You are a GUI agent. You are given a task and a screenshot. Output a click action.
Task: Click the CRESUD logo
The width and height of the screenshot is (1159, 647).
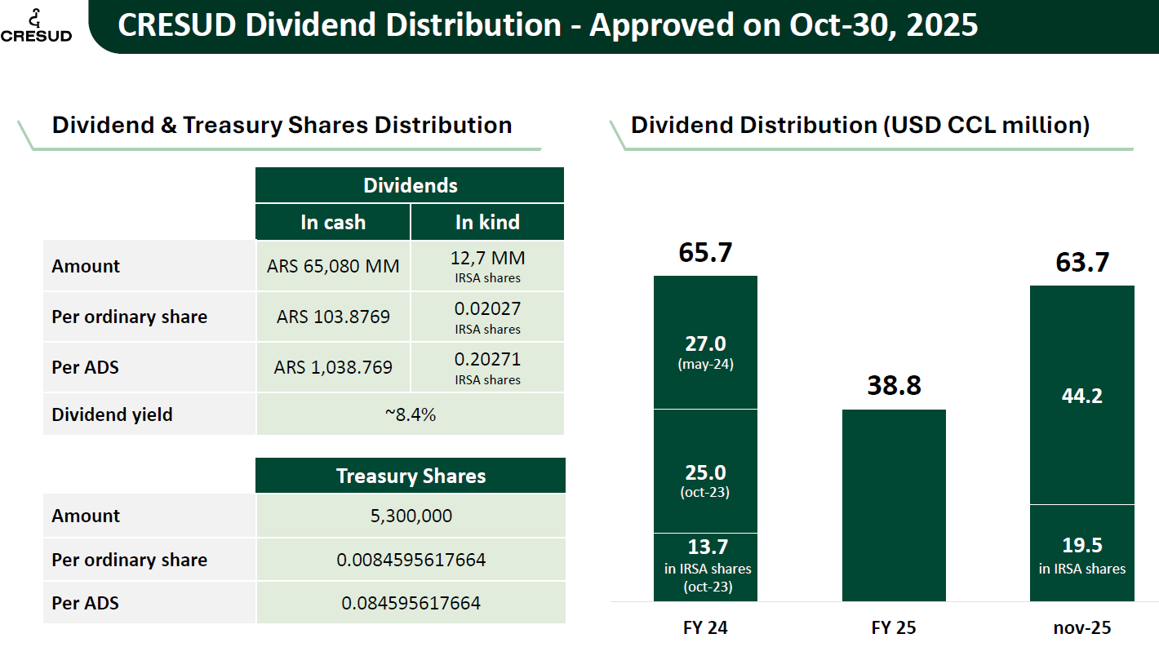36,25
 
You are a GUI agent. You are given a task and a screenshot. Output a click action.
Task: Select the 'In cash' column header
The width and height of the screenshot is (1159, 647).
333,222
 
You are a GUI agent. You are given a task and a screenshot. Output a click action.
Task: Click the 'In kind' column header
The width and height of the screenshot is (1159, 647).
487,222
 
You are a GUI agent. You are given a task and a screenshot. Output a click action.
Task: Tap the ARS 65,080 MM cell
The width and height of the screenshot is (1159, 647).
333,266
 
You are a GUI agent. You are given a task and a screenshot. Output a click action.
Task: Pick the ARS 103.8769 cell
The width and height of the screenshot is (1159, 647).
333,317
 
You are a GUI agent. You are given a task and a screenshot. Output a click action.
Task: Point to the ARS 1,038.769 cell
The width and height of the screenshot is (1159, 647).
333,367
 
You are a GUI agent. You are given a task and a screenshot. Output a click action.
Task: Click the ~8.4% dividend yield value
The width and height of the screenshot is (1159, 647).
411,414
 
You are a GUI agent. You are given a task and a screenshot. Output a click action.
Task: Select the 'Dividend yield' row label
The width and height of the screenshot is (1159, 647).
113,414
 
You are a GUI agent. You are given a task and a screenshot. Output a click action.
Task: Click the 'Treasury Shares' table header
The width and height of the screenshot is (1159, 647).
411,476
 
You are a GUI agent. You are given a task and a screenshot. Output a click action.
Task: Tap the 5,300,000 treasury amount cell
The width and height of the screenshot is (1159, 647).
411,516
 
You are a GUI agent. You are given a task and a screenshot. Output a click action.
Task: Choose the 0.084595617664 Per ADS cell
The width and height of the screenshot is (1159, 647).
411,604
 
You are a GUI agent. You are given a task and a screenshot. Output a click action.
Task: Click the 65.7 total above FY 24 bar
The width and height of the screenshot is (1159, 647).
706,253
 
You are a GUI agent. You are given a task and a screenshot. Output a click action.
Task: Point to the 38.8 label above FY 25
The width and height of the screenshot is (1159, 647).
894,385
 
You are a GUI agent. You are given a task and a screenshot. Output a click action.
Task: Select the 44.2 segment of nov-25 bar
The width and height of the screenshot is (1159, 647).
1082,396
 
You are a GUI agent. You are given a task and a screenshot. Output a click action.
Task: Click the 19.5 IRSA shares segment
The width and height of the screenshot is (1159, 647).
1082,553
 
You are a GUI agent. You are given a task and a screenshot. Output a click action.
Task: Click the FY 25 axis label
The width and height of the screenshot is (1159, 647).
894,627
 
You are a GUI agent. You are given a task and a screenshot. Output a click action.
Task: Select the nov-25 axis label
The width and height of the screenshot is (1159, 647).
1082,627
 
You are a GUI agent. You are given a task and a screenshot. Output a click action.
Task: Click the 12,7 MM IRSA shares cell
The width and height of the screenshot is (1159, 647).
487,266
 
